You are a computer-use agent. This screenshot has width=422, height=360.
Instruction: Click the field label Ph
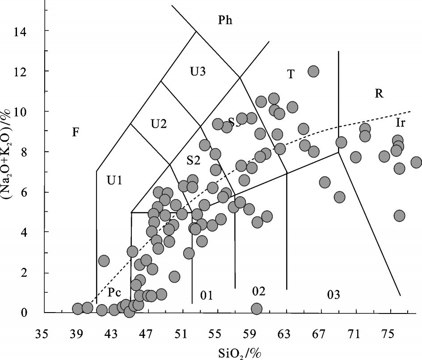(x=226, y=20)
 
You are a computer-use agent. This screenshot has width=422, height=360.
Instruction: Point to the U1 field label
(x=115, y=181)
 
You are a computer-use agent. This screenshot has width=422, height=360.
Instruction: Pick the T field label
(x=291, y=74)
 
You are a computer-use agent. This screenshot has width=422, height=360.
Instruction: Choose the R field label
(x=380, y=93)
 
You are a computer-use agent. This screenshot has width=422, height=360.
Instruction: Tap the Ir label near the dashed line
(x=400, y=123)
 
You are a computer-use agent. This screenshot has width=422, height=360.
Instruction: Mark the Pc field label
(x=115, y=293)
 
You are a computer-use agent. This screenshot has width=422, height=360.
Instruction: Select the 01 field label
(x=206, y=296)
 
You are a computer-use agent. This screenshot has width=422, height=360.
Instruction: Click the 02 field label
(x=258, y=292)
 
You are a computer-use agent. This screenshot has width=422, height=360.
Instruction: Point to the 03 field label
(x=333, y=295)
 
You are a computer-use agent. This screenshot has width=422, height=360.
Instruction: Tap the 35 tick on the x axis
(x=42, y=334)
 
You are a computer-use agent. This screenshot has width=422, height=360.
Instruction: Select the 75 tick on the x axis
(x=388, y=334)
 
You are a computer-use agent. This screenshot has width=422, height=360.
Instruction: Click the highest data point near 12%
(x=313, y=71)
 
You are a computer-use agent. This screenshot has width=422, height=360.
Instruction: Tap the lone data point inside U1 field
(x=104, y=261)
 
